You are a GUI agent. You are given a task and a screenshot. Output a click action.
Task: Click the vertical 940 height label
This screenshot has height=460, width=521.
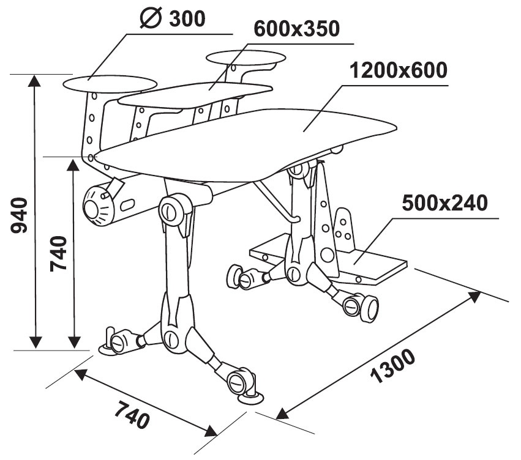(20, 215)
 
